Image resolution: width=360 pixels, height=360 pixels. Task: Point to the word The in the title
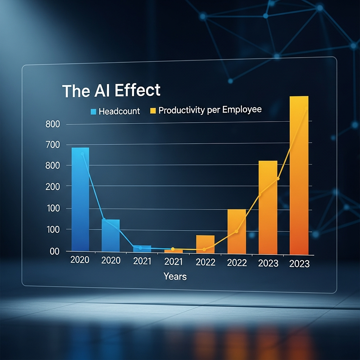(76, 91)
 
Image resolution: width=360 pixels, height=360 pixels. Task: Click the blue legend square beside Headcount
(93, 111)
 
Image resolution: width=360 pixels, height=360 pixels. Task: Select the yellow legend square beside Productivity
(153, 111)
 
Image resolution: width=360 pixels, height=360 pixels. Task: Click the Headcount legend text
(119, 111)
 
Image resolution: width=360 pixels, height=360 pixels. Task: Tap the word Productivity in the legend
(182, 110)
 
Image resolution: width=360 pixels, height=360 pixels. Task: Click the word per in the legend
(213, 110)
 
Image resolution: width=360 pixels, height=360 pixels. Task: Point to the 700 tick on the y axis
(53, 145)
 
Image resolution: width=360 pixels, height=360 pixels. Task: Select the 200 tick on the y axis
(53, 187)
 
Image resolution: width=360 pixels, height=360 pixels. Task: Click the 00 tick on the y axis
(54, 252)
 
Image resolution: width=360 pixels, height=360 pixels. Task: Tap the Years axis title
(175, 276)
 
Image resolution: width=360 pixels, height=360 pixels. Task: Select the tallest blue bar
(81, 199)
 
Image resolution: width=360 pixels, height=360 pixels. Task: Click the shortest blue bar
(142, 249)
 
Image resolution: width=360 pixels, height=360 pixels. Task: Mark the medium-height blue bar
(111, 236)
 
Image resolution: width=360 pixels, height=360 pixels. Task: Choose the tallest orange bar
(299, 175)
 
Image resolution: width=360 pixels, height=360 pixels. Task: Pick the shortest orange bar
(174, 251)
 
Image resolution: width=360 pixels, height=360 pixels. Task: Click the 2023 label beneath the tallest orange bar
(300, 264)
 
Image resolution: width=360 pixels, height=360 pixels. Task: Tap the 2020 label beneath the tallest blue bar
(80, 260)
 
